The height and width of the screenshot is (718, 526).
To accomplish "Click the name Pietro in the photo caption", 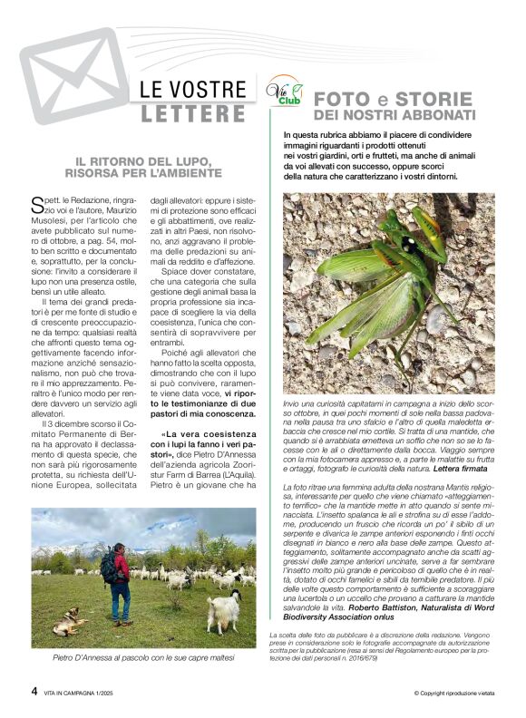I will [69, 656].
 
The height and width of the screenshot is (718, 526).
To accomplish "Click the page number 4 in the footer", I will [35, 690].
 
